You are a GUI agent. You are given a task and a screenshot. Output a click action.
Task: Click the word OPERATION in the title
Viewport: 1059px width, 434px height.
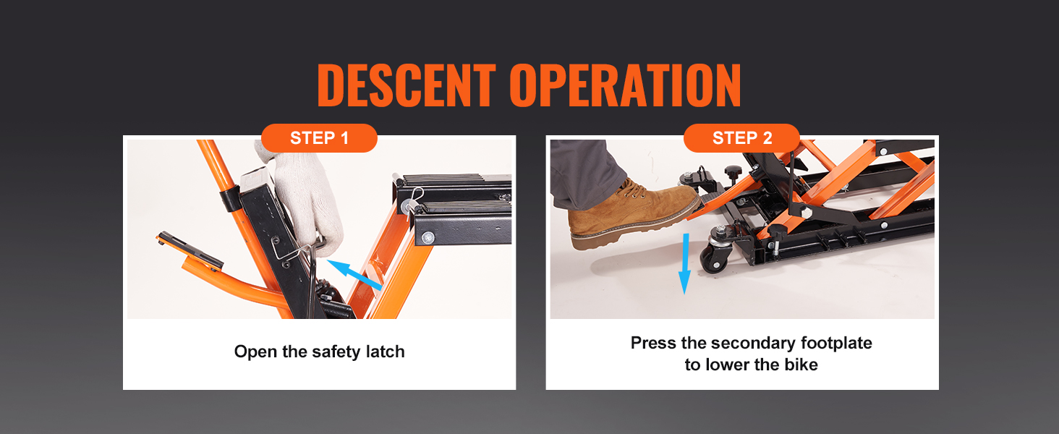(x=626, y=86)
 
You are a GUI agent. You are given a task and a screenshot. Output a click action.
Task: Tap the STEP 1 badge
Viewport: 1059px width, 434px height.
(x=319, y=138)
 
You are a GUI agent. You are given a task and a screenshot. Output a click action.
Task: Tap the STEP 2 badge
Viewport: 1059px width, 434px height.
(x=741, y=138)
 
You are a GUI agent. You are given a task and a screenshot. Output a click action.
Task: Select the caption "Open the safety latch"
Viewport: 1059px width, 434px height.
(x=319, y=352)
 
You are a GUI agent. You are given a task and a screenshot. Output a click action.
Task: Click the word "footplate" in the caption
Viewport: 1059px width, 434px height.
(x=836, y=343)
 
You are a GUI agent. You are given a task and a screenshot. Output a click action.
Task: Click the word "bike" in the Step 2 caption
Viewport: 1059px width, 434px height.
(x=799, y=365)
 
